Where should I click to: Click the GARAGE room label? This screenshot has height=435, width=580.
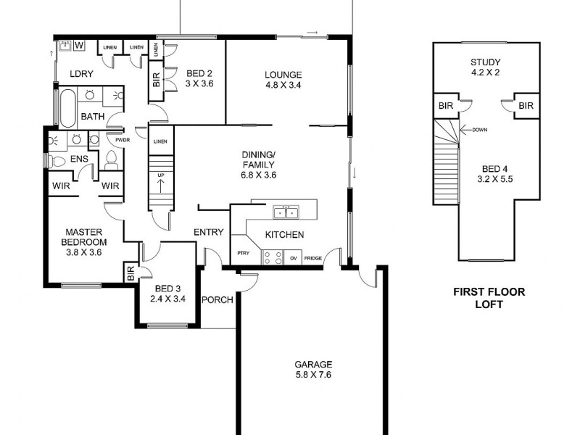pos(313,364)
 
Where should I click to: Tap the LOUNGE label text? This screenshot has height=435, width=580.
pos(283,74)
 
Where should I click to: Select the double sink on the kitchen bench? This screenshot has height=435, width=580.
pos(284,212)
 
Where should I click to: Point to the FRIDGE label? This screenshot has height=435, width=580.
pos(313,258)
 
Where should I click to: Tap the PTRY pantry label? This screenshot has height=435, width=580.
pos(243,253)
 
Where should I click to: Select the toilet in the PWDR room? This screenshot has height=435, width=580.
pos(111,159)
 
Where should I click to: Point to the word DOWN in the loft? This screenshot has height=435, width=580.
pos(479,130)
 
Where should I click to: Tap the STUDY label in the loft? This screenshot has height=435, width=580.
pos(485,62)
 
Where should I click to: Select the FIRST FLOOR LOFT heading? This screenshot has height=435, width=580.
pos(489,299)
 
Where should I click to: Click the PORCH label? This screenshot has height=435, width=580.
pos(216,300)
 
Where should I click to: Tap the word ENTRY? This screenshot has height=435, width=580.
pos(208,232)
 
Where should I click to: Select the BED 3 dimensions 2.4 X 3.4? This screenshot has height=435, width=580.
pos(167,297)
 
